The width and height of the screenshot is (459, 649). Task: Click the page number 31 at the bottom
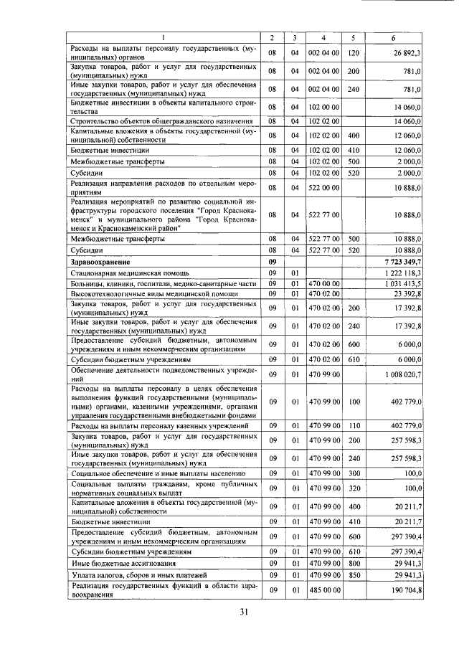click(x=243, y=611)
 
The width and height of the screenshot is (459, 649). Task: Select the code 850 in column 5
click(x=353, y=575)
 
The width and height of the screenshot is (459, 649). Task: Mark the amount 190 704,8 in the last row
click(x=402, y=590)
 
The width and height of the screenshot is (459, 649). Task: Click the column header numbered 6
click(x=392, y=37)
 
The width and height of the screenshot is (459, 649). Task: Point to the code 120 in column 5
click(x=353, y=53)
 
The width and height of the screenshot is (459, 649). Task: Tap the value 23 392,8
click(x=406, y=294)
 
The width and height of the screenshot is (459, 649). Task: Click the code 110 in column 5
click(x=353, y=426)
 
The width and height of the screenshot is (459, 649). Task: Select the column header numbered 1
click(x=164, y=37)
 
